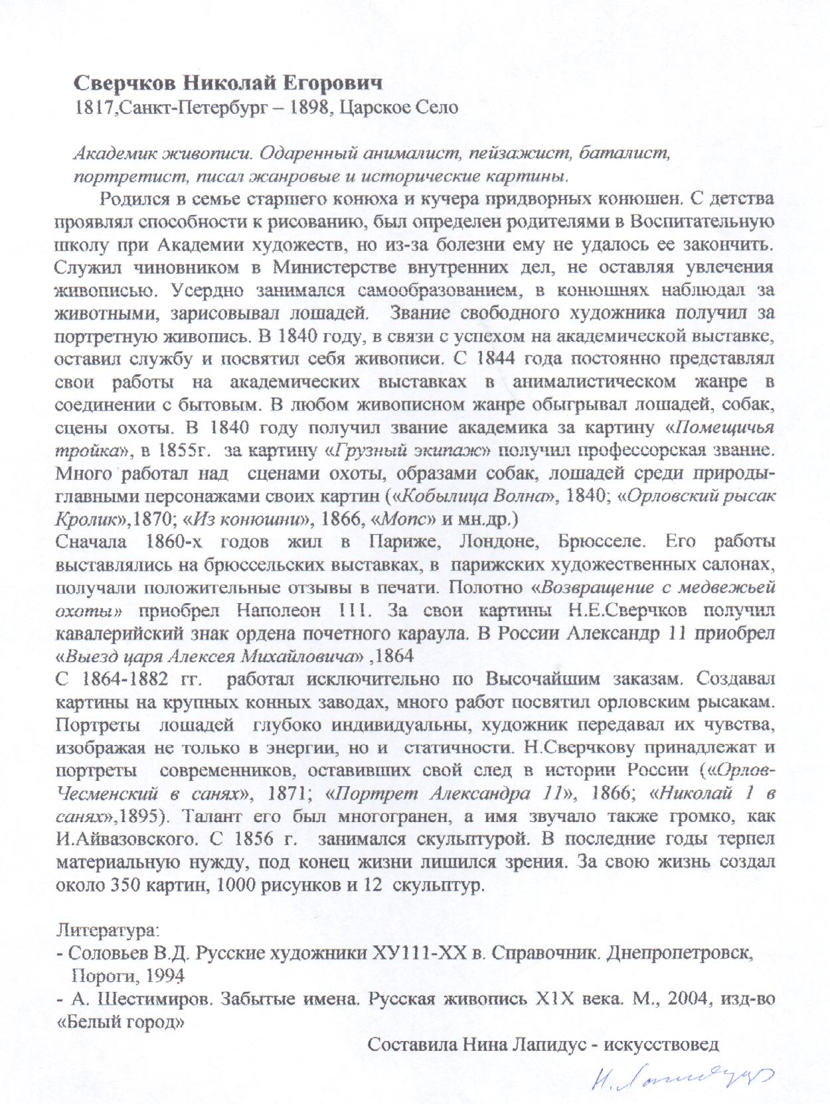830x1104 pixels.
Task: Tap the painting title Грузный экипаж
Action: pyautogui.click(x=410, y=451)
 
